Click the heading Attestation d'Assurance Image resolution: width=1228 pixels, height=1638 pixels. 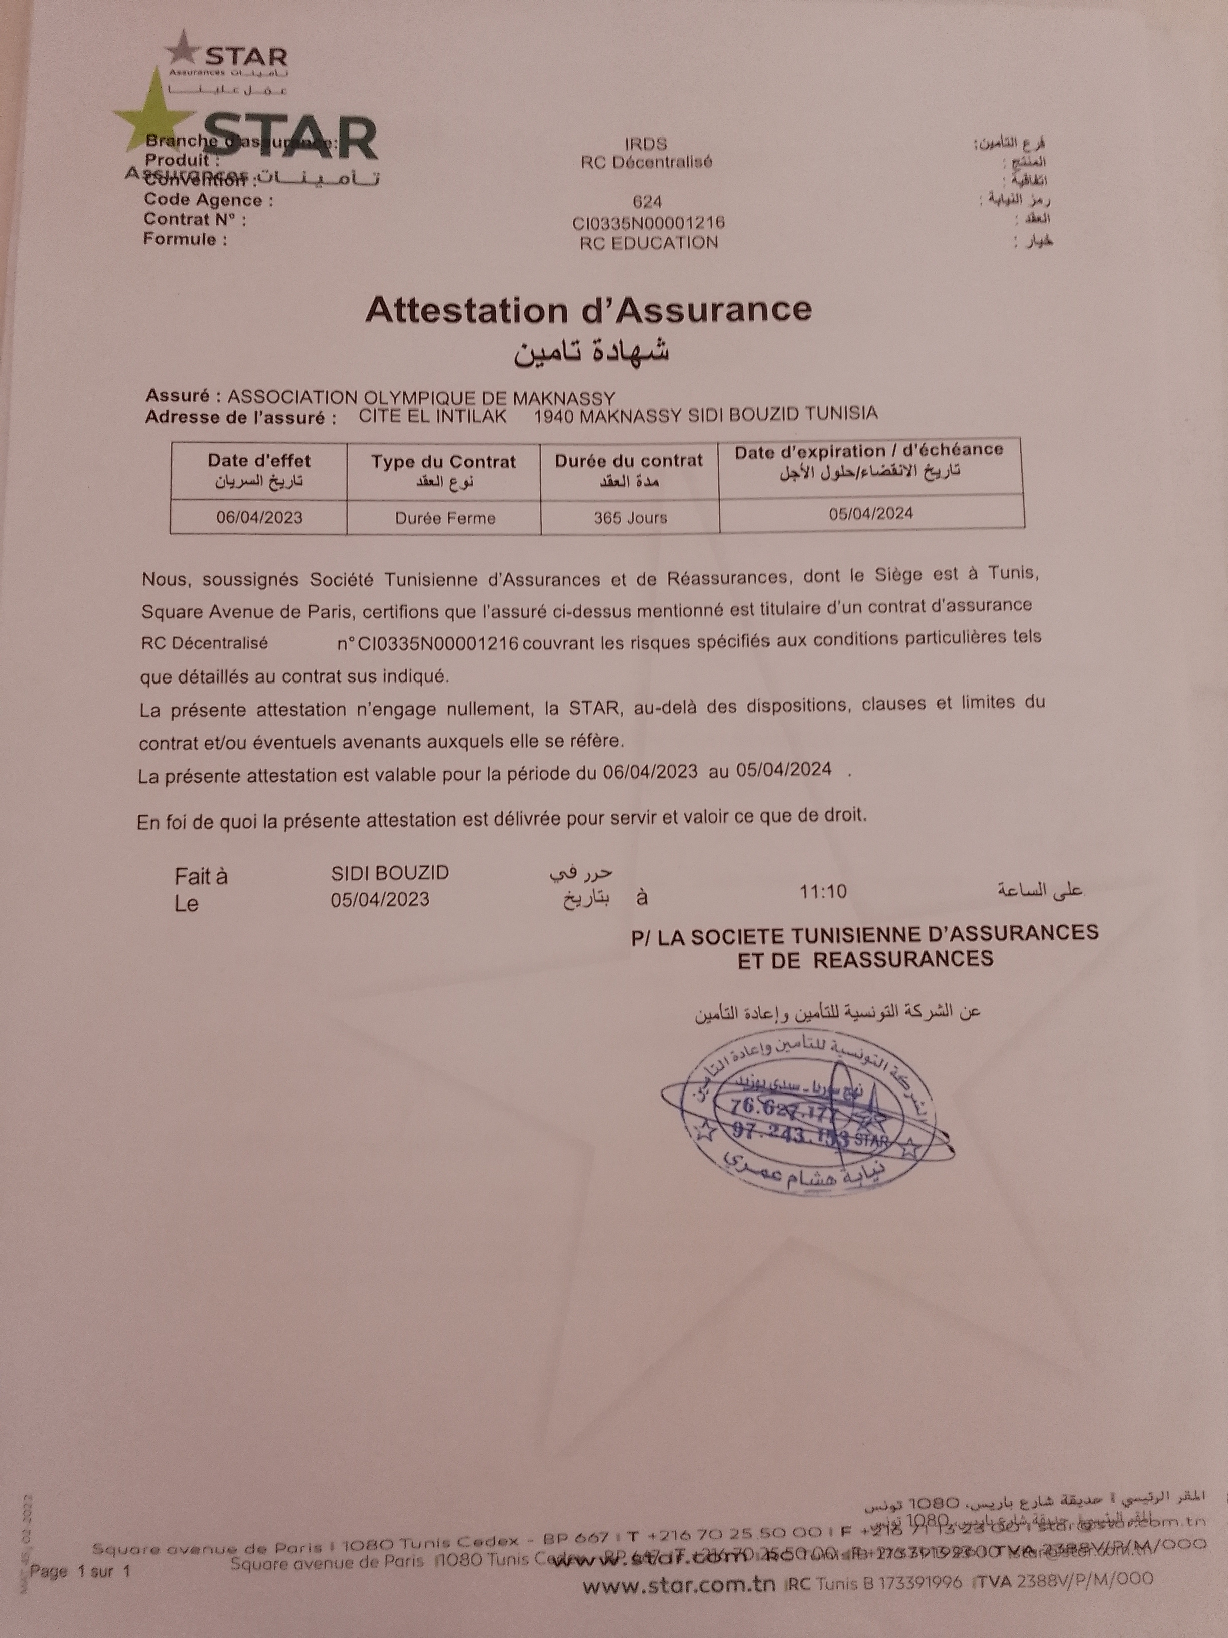pos(588,310)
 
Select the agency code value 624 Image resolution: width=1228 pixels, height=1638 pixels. pos(647,201)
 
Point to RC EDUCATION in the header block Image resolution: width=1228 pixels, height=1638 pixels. pos(649,243)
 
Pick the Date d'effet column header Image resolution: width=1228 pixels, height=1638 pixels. pos(258,470)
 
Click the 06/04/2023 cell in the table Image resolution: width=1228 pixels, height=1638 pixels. pos(259,517)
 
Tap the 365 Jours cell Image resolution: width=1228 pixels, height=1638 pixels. pos(630,517)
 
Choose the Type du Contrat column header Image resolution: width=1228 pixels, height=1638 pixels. pos(443,470)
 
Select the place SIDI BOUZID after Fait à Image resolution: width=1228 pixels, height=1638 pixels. pos(390,873)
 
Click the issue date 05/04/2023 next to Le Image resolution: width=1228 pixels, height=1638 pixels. pos(380,900)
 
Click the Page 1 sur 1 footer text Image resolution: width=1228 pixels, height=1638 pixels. pos(80,1571)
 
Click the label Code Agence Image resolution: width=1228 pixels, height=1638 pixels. pos(208,200)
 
